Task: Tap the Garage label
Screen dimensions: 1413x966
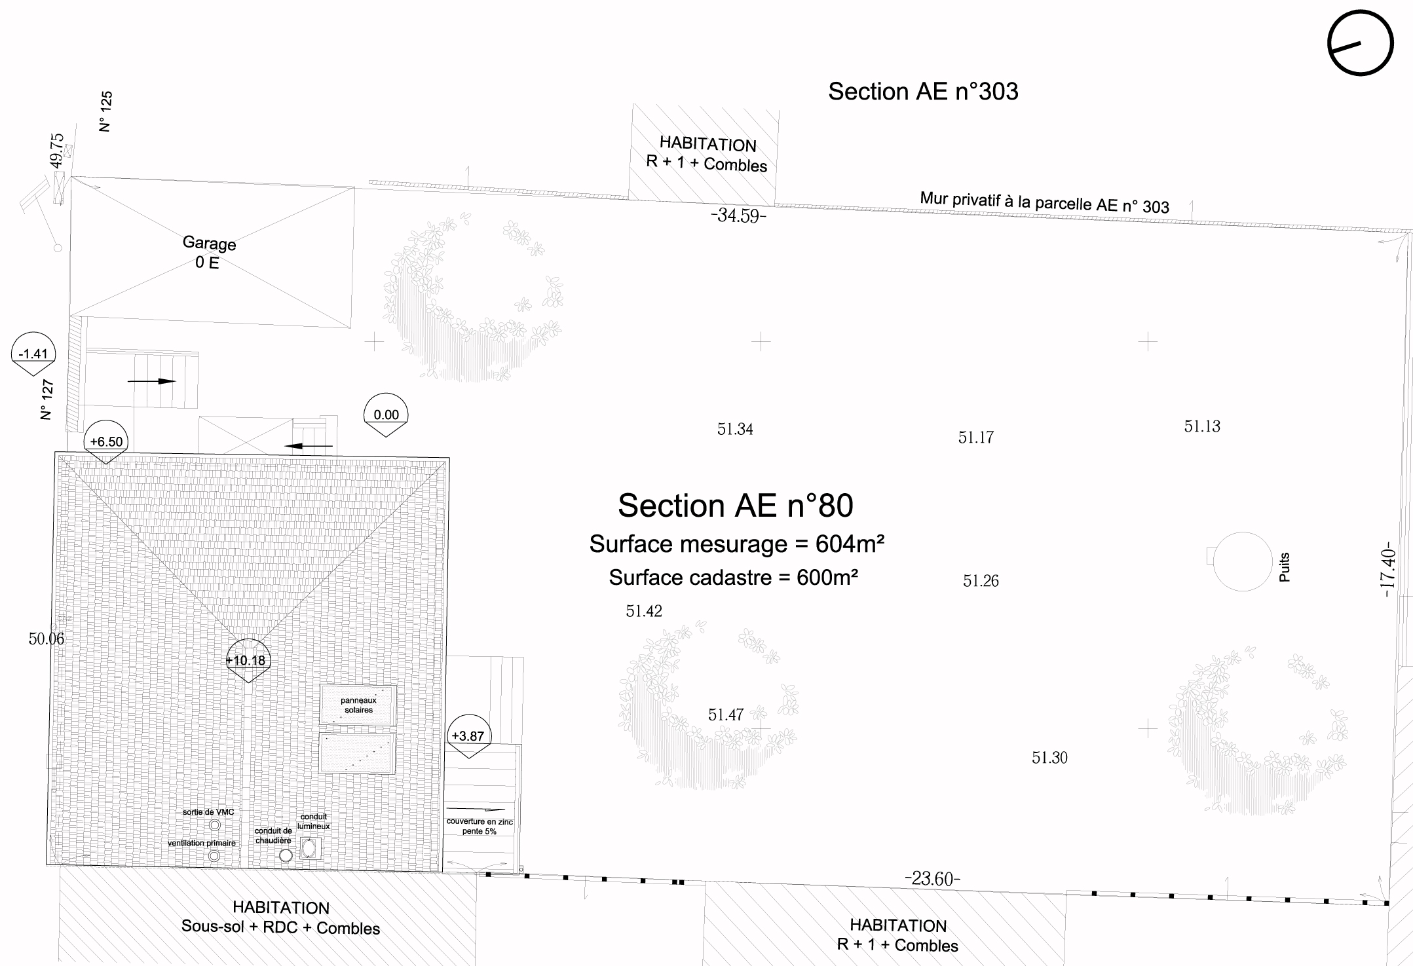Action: [x=209, y=243]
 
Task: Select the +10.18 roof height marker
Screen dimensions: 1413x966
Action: [x=247, y=659]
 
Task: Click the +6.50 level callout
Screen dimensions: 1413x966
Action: [x=106, y=441]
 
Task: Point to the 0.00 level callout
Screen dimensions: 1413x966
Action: [x=386, y=415]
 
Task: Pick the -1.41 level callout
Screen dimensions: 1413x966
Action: [x=33, y=354]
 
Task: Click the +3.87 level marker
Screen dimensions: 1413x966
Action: [x=468, y=735]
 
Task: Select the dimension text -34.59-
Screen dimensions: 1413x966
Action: [x=738, y=215]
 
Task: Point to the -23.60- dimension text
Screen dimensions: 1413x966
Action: [x=932, y=878]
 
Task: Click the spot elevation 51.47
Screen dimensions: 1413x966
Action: [x=726, y=715]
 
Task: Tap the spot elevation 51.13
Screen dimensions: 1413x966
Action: [x=1202, y=426]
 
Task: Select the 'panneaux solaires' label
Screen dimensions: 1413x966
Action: [x=358, y=705]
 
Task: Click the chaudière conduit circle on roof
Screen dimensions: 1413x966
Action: [x=286, y=855]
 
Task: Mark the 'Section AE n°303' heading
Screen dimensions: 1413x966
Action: [x=923, y=91]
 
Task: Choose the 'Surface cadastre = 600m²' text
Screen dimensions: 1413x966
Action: [x=734, y=577]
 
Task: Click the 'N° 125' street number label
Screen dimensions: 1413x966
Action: [x=105, y=111]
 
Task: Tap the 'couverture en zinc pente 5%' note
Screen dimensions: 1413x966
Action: [x=480, y=827]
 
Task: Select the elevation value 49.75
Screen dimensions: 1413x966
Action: [x=58, y=150]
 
